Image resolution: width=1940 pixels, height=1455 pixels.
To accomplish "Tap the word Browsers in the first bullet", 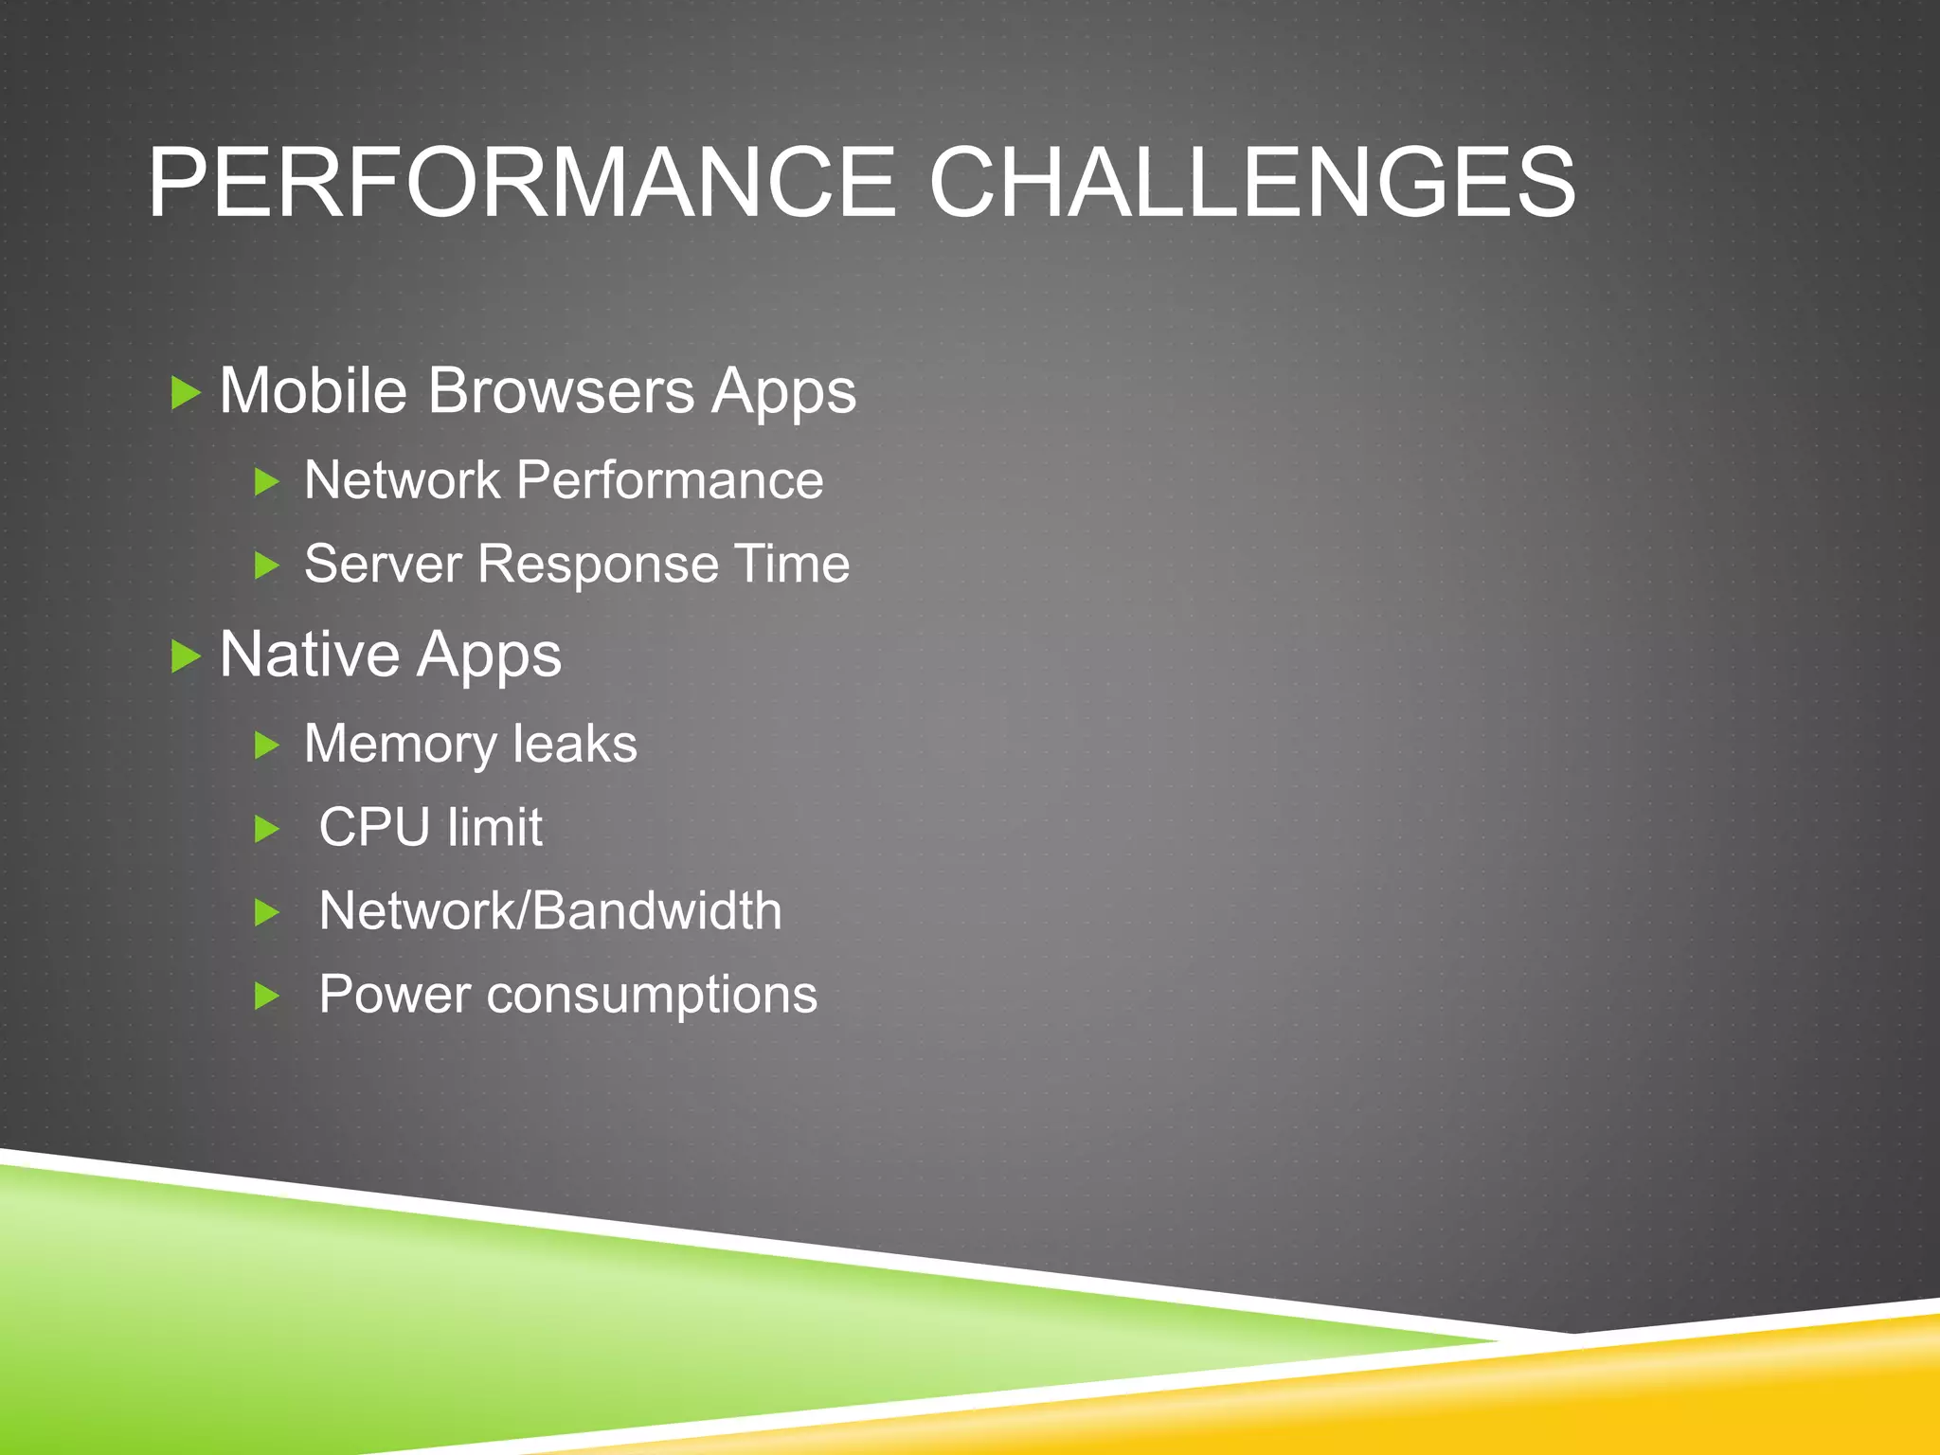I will coord(561,390).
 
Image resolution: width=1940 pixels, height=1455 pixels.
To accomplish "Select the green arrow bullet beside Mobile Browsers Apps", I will coord(186,392).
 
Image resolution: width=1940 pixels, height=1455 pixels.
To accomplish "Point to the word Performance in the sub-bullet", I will coord(670,480).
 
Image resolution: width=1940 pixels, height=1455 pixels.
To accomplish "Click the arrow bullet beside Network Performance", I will coord(267,482).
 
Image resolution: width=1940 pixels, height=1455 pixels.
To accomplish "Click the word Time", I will coord(792,565).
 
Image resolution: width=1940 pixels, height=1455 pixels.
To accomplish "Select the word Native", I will coord(310,655).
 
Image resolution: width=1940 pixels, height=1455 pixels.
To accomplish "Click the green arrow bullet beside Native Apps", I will coord(186,656).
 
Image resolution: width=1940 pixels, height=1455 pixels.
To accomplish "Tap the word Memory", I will coord(399,745).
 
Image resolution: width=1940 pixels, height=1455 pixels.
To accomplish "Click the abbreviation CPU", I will coord(375,827).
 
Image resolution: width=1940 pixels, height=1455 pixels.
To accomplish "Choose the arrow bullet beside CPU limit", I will coord(267,830).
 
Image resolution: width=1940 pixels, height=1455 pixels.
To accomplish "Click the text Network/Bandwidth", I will coord(550,911).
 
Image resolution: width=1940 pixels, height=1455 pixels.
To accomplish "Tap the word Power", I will coord(394,995).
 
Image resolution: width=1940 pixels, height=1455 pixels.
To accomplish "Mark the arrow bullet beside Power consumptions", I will coord(267,997).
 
